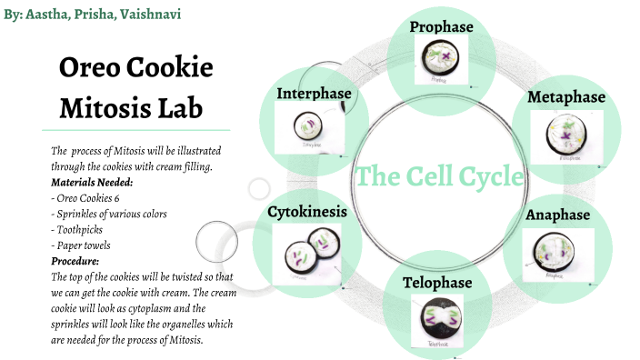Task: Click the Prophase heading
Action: click(441, 27)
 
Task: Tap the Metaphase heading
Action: click(566, 97)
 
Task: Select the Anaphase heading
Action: click(558, 215)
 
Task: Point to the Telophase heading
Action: click(438, 283)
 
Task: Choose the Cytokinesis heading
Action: click(307, 211)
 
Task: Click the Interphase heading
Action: click(315, 94)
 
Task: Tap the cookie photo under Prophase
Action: click(440, 62)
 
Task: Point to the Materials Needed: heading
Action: click(92, 182)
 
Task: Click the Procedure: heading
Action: click(75, 261)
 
